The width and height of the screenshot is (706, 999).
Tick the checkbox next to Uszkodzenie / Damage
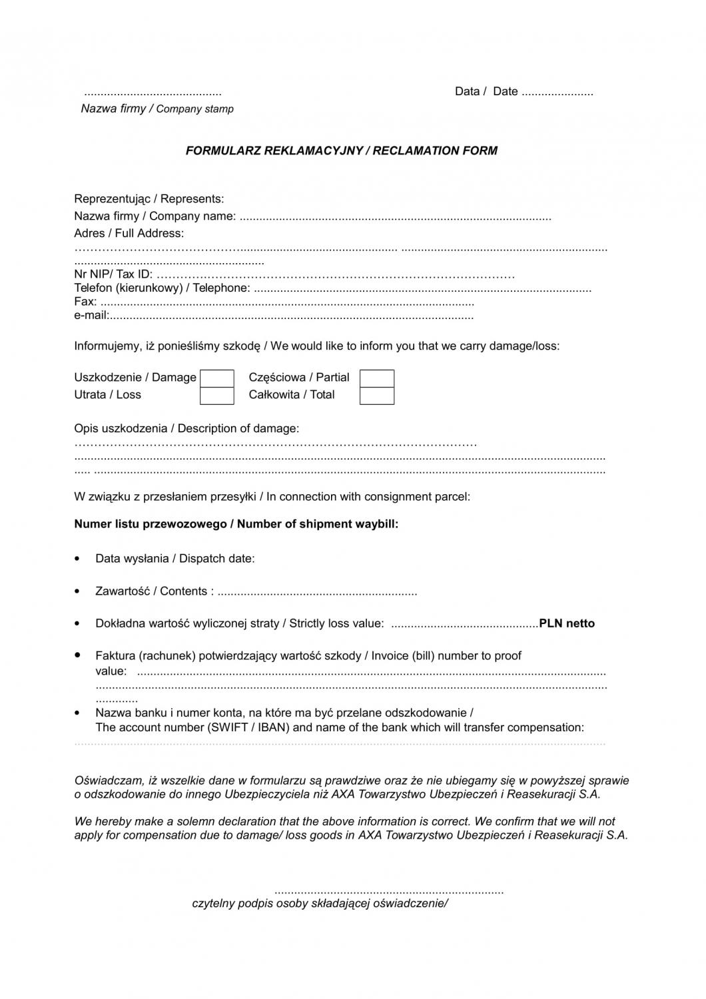pos(217,378)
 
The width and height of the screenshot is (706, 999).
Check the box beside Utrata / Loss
pos(217,396)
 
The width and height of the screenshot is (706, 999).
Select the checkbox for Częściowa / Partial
pos(377,378)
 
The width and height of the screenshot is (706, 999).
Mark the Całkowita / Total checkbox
pos(377,396)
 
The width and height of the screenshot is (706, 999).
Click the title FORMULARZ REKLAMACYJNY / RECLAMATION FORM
pos(341,151)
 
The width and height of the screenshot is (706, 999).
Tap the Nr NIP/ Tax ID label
pos(113,274)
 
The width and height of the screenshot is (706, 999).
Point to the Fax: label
pos(85,302)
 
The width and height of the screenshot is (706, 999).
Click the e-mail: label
pos(91,315)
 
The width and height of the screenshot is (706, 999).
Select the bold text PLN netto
pos(567,623)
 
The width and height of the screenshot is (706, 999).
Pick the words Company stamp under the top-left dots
pos(194,109)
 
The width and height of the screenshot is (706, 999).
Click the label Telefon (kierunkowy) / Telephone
pos(162,288)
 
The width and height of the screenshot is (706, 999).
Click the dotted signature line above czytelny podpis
pos(389,891)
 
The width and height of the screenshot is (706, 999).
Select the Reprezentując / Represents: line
pos(149,198)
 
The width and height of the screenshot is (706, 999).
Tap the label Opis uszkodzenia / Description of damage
pos(186,428)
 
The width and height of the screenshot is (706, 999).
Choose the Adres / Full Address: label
pos(129,233)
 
